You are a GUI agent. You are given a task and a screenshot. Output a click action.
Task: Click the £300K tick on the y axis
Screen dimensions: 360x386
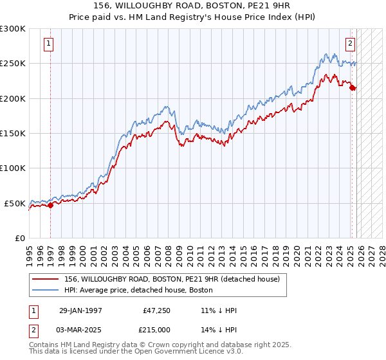pos(13,29)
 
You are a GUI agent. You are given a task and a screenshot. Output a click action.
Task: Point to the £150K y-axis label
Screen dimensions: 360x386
pos(13,134)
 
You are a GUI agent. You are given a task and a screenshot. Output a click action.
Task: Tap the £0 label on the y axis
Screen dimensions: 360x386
pos(20,238)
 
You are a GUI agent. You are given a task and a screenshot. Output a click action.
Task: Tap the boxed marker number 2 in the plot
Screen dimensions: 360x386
pos(350,44)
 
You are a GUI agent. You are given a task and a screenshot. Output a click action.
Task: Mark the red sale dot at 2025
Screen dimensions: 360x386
pos(353,88)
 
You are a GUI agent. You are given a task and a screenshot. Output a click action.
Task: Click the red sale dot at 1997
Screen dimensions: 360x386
pos(51,205)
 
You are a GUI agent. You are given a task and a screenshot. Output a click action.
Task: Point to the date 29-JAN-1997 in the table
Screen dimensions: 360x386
pos(80,310)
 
